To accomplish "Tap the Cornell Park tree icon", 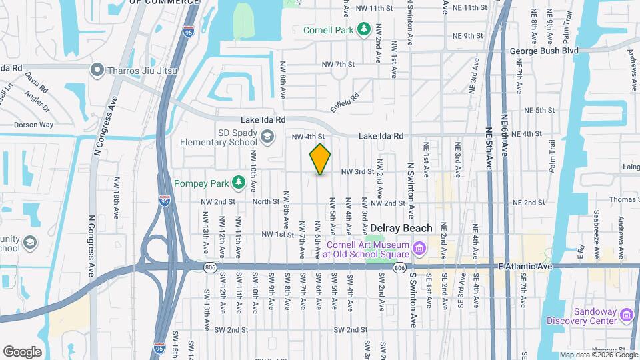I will pyautogui.click(x=364, y=29).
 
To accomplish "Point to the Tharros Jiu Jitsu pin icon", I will pyautogui.click(x=98, y=69).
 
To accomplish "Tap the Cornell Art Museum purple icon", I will pyautogui.click(x=419, y=249).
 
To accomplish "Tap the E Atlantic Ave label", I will pyautogui.click(x=526, y=267).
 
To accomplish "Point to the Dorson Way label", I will pyautogui.click(x=35, y=124).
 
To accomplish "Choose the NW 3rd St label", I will pyautogui.click(x=357, y=171).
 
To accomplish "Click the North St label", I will pyautogui.click(x=265, y=202).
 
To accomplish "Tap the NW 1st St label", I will pyautogui.click(x=278, y=235).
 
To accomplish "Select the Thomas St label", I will pyautogui.click(x=624, y=199).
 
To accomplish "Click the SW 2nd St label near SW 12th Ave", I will pyautogui.click(x=231, y=330).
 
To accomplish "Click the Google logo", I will pyautogui.click(x=22, y=352).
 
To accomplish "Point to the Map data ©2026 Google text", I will pyautogui.click(x=598, y=355).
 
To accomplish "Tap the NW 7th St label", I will pyautogui.click(x=338, y=64).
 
